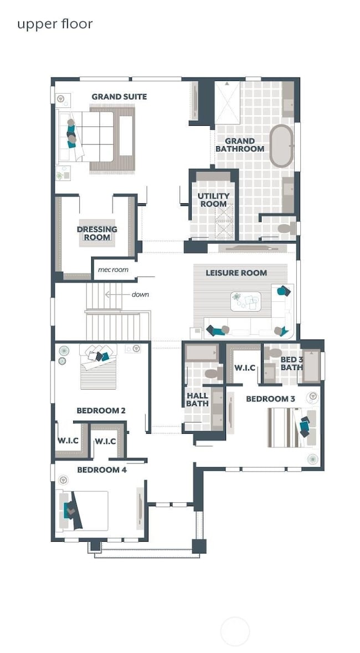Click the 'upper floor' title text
pyautogui.click(x=54, y=24)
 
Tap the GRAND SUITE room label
pyautogui.click(x=119, y=96)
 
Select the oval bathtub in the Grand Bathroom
pyautogui.click(x=282, y=146)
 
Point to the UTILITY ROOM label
pyautogui.click(x=213, y=200)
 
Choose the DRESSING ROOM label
pyautogui.click(x=97, y=233)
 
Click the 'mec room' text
pyautogui.click(x=113, y=270)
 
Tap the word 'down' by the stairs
pyautogui.click(x=140, y=294)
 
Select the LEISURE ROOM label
pyautogui.click(x=236, y=272)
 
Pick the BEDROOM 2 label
pyautogui.click(x=101, y=410)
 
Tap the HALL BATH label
pyautogui.click(x=197, y=399)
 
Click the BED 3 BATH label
pyautogui.click(x=291, y=363)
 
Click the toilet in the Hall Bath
pyautogui.click(x=213, y=374)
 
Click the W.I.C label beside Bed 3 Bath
pyautogui.click(x=244, y=368)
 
